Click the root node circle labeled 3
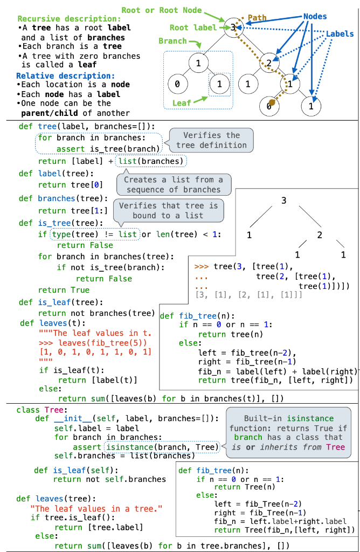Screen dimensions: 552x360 click(232, 27)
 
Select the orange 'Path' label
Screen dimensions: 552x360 click(257, 18)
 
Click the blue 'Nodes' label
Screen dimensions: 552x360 click(315, 17)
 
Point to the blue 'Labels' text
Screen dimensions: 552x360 click(340, 34)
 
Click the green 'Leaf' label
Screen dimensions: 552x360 click(182, 102)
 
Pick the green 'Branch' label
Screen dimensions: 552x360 click(172, 41)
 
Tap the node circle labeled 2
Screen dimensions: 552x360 click(269, 63)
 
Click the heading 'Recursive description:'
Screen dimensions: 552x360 click(69, 18)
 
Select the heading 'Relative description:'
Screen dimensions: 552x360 click(65, 75)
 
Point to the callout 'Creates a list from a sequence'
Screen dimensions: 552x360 click(173, 184)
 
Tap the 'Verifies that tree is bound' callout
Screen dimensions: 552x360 click(168, 210)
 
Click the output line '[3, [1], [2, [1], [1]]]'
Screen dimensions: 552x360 click(240, 295)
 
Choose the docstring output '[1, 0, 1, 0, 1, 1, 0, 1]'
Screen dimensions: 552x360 click(95, 352)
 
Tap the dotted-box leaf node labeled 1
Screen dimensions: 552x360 click(219, 85)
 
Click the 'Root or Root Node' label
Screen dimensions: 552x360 click(162, 10)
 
